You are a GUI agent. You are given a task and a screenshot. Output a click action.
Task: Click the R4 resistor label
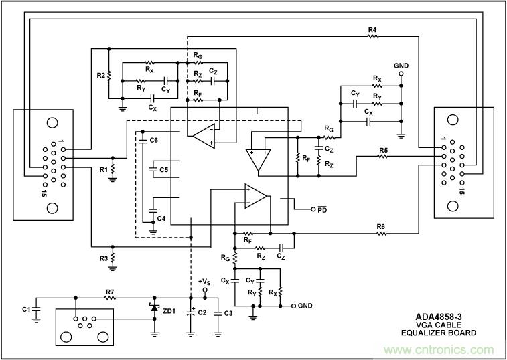tap(372, 30)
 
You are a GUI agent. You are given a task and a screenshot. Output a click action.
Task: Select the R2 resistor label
tap(100, 76)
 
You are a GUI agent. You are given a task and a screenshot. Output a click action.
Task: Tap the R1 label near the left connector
tap(103, 170)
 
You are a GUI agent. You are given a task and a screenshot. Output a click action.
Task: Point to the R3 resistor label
tap(103, 258)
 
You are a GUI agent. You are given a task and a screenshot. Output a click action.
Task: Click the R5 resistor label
tap(383, 149)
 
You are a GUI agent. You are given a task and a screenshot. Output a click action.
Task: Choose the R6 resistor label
tap(380, 227)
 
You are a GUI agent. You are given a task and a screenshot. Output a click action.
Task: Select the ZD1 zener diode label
tap(169, 311)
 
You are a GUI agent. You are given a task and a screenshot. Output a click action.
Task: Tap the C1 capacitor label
tap(26, 309)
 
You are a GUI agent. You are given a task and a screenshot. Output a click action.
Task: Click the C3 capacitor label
tap(228, 313)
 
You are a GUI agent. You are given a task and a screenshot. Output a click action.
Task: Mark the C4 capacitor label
tap(161, 219)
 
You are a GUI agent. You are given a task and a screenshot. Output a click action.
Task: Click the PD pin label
tap(323, 209)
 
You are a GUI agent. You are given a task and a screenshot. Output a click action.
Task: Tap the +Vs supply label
tap(205, 281)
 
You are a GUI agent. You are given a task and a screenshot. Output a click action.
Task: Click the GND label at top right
tap(401, 65)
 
